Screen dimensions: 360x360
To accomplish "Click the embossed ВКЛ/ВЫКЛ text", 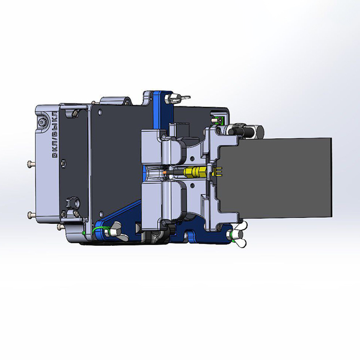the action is (55, 135).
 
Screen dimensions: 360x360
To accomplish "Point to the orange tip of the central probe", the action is (165, 172).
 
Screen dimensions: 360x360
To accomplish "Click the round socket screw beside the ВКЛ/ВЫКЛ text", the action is (42, 123).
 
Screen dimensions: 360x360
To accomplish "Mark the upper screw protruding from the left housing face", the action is (31, 164).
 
